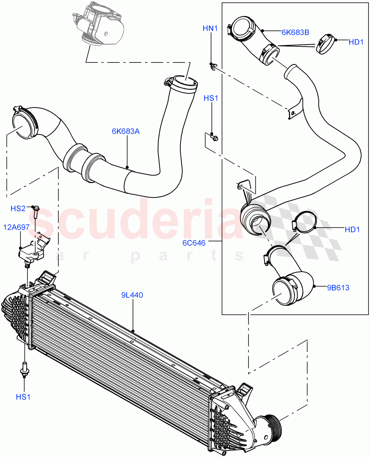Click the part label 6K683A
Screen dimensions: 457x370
[x=126, y=132]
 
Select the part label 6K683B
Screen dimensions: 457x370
[x=295, y=32]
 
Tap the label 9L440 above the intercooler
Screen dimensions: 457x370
[x=132, y=295]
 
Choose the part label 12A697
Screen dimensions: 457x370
[x=17, y=227]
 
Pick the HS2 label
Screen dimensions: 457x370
[x=18, y=208]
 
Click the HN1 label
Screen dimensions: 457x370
[x=210, y=28]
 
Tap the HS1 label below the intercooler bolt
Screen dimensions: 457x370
[x=23, y=397]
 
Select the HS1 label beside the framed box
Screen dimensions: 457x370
[x=211, y=98]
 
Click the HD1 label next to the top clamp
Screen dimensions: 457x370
[x=356, y=42]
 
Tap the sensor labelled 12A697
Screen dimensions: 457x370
[x=32, y=251]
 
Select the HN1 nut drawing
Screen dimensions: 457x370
[x=214, y=67]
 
